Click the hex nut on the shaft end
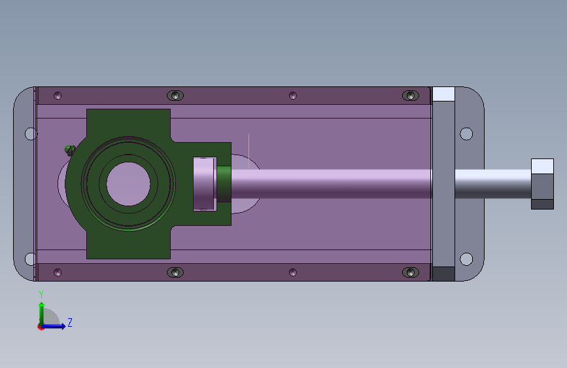(542, 184)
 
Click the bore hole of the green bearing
(128, 184)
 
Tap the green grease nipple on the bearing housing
(70, 150)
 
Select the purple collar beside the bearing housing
(205, 184)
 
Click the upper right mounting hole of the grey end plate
(466, 134)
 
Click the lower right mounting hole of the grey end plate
(466, 259)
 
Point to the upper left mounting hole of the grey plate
(31, 134)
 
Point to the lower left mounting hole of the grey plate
(30, 259)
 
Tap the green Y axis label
(41, 295)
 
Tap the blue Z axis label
(70, 322)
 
